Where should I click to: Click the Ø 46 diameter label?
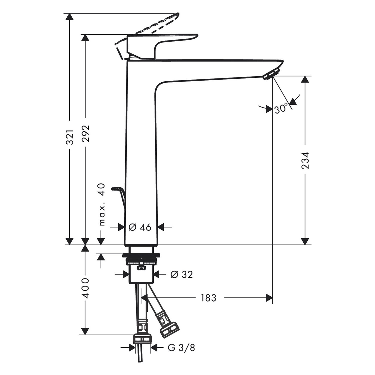click(x=140, y=227)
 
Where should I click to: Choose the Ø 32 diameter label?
click(x=181, y=274)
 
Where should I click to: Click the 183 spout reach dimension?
click(x=208, y=298)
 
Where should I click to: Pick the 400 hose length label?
click(x=85, y=288)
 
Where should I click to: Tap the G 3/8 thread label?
click(x=181, y=347)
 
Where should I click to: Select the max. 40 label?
click(x=102, y=204)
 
